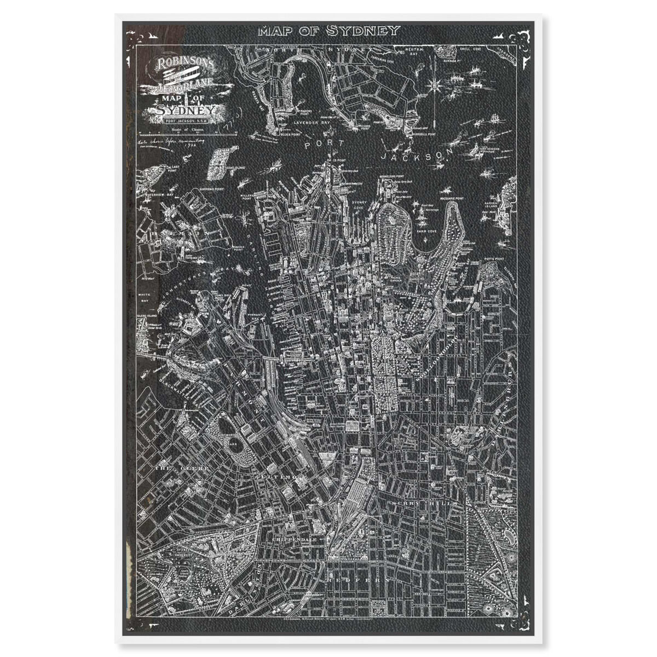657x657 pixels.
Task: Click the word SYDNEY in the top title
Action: [x=363, y=31]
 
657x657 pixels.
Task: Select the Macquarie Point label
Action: [x=452, y=198]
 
